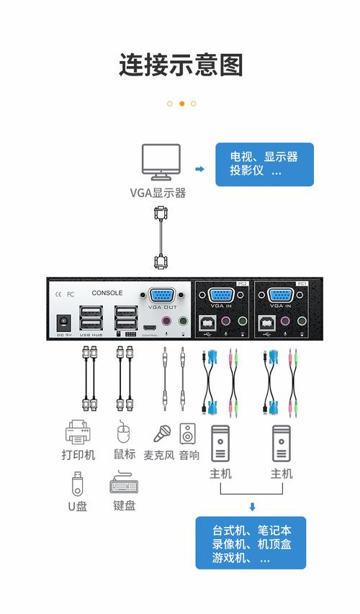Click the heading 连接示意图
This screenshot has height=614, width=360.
pos(181,65)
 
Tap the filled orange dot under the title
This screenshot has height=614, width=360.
pos(181,104)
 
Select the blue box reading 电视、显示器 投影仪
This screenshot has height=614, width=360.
pos(264,164)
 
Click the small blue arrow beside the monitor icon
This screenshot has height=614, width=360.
pos(199,169)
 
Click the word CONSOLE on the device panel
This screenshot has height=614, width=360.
pos(107,293)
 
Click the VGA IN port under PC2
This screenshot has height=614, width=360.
pos(220,295)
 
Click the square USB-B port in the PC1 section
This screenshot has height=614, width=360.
pos(266,322)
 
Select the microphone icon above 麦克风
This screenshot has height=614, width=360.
pos(161,434)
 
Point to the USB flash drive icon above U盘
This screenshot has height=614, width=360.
pos(77,484)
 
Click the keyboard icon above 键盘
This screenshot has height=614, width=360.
pos(124,484)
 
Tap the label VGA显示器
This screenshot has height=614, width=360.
pos(158,193)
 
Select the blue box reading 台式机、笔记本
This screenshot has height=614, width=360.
pos(250,542)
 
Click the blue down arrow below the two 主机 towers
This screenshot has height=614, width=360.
pos(252,507)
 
